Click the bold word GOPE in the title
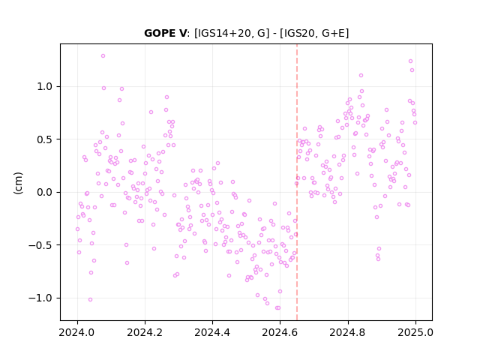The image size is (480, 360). coord(160,33)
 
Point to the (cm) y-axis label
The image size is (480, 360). coord(18,183)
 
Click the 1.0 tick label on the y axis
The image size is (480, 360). coord(45,87)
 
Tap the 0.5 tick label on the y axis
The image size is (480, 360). coord(45,139)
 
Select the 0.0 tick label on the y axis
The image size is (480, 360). coord(45,192)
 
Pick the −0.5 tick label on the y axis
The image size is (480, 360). coord(40,245)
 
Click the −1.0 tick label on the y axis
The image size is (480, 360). coord(40,298)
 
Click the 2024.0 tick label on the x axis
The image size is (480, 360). coord(77,332)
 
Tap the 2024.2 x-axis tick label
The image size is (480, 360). coord(145,332)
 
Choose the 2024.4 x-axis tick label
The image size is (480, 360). coord(212,332)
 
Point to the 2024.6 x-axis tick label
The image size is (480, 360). coord(280,332)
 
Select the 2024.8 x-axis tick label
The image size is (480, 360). coord(348,332)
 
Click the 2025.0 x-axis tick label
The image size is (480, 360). coord(415,332)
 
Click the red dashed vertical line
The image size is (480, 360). coord(297,182)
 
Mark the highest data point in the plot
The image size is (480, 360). coord(103,56)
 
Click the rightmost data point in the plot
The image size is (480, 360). coord(415,123)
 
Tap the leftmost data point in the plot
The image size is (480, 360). coord(77,229)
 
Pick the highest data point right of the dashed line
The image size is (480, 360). coord(410,61)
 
